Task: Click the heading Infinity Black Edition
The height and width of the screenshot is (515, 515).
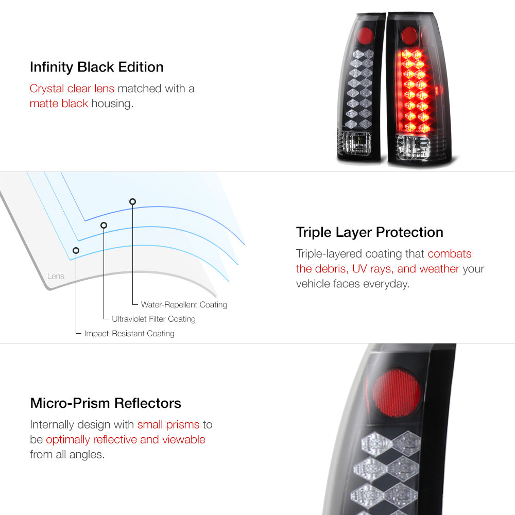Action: tap(97, 67)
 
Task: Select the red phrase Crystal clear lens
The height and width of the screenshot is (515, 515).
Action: tap(72, 89)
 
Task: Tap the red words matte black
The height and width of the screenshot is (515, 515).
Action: tap(59, 104)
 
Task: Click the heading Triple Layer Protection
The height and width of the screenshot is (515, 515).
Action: tap(369, 233)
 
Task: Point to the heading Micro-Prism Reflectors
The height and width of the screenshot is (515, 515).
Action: tap(106, 403)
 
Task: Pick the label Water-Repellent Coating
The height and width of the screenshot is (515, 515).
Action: tap(184, 305)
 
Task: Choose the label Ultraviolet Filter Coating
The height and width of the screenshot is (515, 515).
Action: tap(153, 319)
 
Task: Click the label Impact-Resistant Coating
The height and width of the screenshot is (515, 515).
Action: tap(129, 333)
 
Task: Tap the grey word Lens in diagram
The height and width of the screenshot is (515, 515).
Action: tap(56, 276)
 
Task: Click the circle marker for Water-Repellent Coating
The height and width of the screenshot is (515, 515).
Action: tap(133, 202)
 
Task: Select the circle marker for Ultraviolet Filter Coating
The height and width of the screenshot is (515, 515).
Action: tap(104, 226)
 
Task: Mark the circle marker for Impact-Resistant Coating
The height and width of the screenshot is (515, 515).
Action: tap(76, 251)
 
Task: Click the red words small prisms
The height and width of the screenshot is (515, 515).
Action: tap(168, 425)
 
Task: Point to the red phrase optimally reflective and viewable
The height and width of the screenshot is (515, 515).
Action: tap(126, 439)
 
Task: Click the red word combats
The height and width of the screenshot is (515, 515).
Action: tap(449, 253)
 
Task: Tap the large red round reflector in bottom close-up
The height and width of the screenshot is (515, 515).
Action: tap(397, 393)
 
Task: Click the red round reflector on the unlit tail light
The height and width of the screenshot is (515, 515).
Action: tap(365, 36)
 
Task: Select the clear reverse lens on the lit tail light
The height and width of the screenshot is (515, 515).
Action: tap(413, 147)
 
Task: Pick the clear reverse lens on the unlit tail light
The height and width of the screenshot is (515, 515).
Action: tap(357, 143)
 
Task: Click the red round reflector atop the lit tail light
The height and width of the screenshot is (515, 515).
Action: tap(409, 35)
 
